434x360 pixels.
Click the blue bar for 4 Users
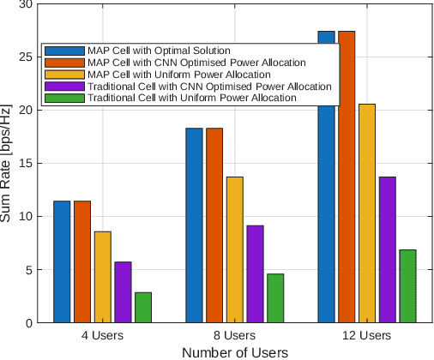62,261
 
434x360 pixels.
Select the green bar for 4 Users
142,307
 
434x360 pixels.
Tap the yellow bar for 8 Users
234,249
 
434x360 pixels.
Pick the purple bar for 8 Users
255,273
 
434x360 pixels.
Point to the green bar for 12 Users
407,285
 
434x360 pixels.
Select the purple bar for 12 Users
388,249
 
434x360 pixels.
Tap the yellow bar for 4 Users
102,277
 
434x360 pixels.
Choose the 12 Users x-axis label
367,335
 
